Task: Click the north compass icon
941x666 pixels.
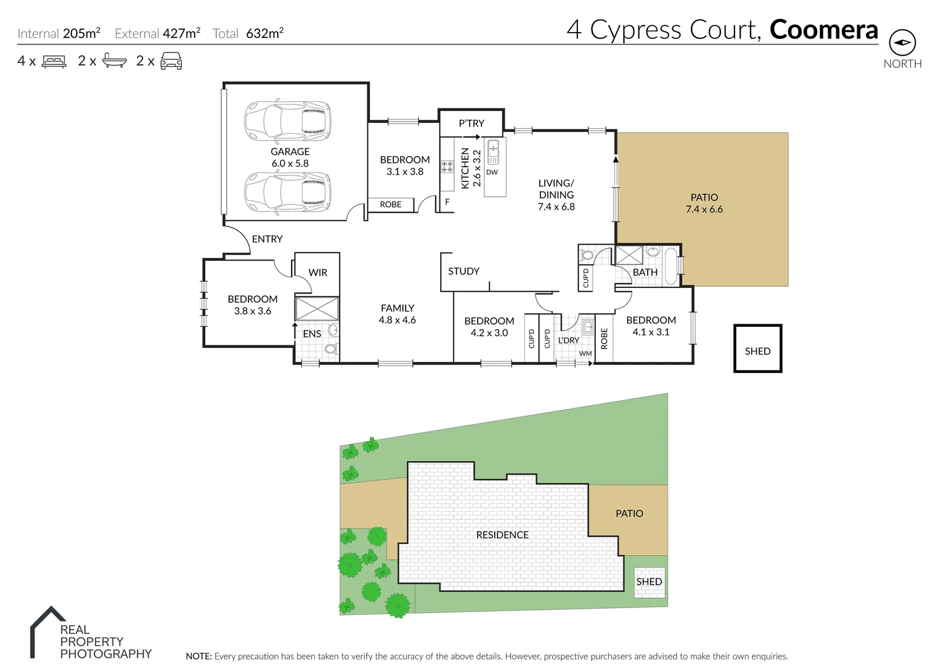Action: coord(902,43)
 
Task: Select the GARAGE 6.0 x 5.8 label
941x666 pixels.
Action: coord(290,157)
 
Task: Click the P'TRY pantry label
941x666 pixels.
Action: coord(471,123)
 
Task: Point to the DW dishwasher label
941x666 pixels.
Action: coord(492,173)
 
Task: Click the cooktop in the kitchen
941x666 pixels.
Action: coord(447,166)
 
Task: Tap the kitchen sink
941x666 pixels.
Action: coord(493,152)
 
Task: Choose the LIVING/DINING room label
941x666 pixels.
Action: coord(556,195)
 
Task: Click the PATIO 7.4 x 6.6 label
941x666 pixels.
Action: coord(704,203)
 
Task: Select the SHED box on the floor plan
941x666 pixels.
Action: coord(757,349)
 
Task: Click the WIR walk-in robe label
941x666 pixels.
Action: coord(318,273)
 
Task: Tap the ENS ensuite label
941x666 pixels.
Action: coord(312,334)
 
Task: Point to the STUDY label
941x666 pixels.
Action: coord(463,271)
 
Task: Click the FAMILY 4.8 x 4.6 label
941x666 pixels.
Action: coord(397,314)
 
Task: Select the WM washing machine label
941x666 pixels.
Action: coord(585,354)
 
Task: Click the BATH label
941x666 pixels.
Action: coord(645,272)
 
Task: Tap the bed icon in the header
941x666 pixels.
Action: coord(54,61)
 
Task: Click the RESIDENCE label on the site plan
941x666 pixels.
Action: coord(502,535)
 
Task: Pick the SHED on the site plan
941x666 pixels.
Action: coord(650,582)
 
